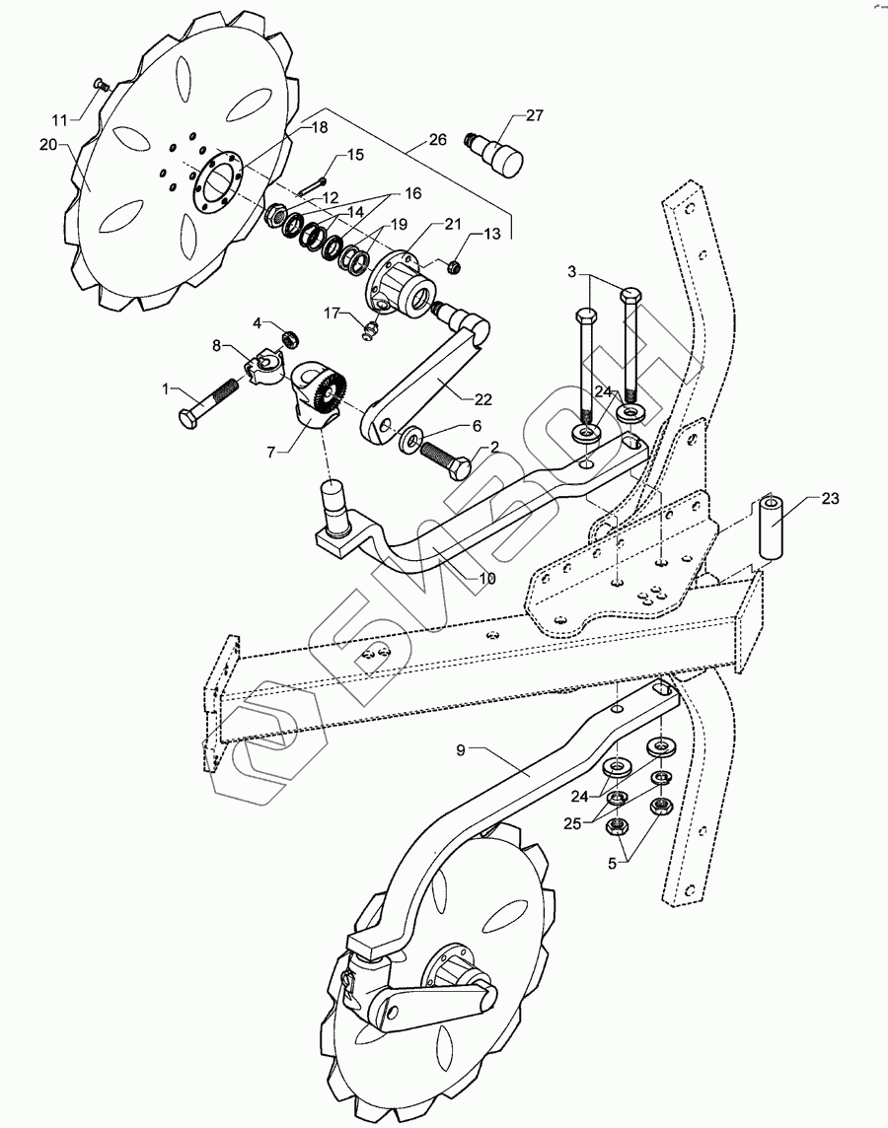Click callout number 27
coord(534,116)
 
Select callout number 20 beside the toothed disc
coord(48,144)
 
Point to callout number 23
coord(830,499)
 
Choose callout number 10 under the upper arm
coord(486,578)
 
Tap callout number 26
coord(435,140)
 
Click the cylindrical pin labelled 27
coord(499,155)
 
